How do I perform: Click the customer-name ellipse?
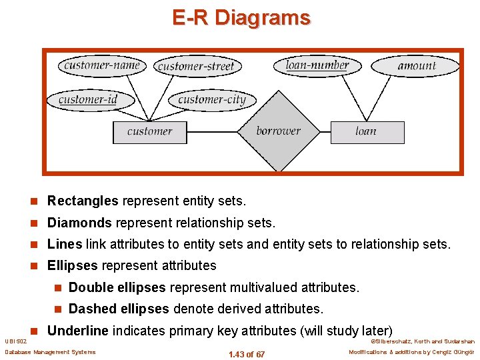pyautogui.click(x=102, y=65)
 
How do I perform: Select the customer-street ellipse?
pyautogui.click(x=197, y=65)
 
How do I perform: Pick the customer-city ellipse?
pyautogui.click(x=212, y=100)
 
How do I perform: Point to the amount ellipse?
pyautogui.click(x=416, y=65)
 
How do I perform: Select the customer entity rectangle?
pyautogui.click(x=149, y=131)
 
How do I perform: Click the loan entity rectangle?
pyautogui.click(x=367, y=131)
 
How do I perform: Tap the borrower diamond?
pyautogui.click(x=278, y=131)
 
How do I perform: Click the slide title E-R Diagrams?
pyautogui.click(x=241, y=17)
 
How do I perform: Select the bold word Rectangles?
pyautogui.click(x=83, y=201)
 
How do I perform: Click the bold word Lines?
pyautogui.click(x=65, y=244)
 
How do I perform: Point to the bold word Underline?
pyautogui.click(x=78, y=331)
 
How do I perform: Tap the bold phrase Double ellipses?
pyautogui.click(x=117, y=287)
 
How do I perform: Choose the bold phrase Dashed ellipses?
pyautogui.click(x=119, y=309)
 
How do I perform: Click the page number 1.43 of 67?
pyautogui.click(x=246, y=354)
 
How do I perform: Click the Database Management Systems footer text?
pyautogui.click(x=50, y=352)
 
